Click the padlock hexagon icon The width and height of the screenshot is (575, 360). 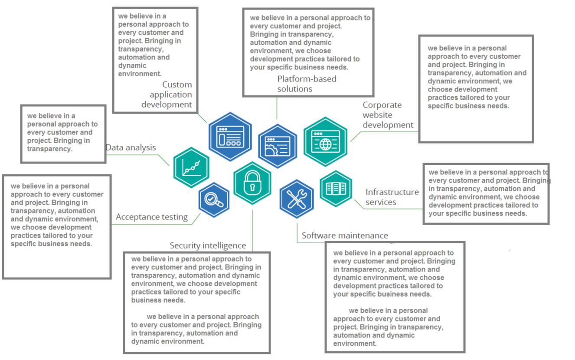[x=252, y=183]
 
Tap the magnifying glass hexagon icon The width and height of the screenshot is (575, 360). [x=214, y=200]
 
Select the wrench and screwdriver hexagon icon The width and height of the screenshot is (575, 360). [x=297, y=199]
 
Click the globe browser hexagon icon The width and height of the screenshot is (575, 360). [x=325, y=141]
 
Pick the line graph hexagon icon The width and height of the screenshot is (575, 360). [x=191, y=167]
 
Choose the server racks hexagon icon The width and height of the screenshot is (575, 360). [x=336, y=188]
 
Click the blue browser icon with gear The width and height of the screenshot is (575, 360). [x=278, y=146]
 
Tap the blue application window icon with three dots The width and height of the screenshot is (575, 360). [x=230, y=137]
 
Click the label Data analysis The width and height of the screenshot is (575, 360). [x=131, y=147]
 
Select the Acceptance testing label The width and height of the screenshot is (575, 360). [x=152, y=217]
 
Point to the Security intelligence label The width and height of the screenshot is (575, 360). [x=208, y=245]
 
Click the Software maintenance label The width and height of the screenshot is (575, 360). [x=345, y=236]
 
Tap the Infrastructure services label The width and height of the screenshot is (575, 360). [x=392, y=197]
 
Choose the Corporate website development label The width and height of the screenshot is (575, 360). [x=388, y=115]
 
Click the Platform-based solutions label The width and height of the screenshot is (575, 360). [x=307, y=84]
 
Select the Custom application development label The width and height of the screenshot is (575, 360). [x=169, y=95]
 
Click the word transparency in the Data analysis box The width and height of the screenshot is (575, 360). [x=49, y=149]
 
